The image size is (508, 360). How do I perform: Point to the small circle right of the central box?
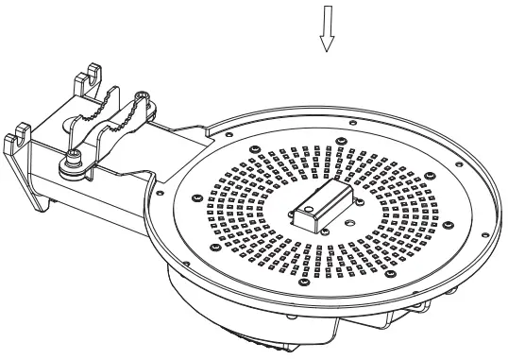(350, 224)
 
